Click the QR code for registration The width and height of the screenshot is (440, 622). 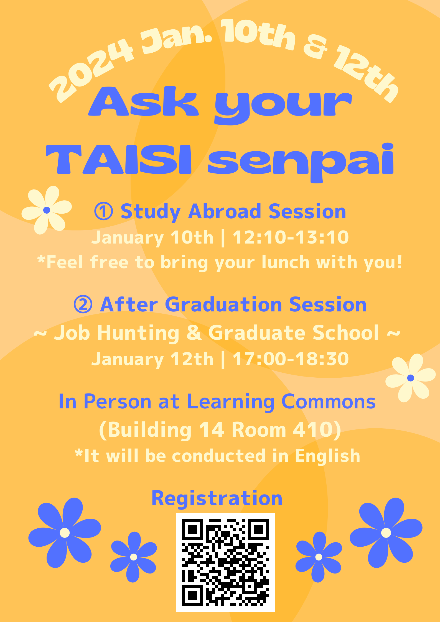pos(225,562)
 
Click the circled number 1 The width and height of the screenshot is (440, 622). pos(103,211)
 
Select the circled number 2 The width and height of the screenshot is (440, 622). pos(83,304)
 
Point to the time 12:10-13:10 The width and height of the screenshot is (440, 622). pos(291,237)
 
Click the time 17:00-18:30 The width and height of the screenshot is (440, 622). pos(291,359)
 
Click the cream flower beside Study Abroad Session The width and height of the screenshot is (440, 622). pos(47,210)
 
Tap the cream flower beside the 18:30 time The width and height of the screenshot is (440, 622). pos(411,378)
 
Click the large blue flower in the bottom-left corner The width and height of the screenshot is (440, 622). pos(65,533)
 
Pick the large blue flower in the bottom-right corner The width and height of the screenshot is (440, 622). pos(386,533)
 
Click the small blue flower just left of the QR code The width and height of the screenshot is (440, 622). pos(134,557)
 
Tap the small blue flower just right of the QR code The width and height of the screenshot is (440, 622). pos(319,557)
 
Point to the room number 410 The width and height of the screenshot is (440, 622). pos(311,430)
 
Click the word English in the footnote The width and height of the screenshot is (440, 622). pos(327,456)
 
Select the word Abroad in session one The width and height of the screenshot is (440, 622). pos(225,211)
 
